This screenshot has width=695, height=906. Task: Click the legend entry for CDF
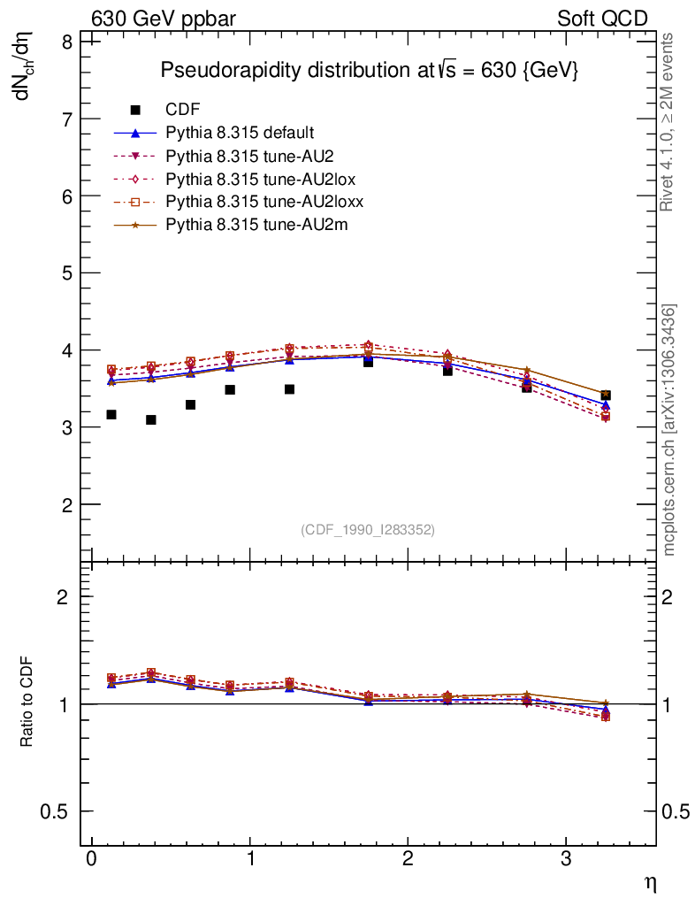(182, 110)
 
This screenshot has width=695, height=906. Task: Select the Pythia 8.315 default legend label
(240, 133)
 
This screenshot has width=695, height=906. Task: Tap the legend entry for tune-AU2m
(256, 225)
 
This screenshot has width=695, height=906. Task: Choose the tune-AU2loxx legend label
(264, 202)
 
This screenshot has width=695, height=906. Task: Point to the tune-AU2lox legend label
(260, 179)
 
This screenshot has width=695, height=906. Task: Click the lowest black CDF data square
(151, 419)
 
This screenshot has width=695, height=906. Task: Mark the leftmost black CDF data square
(111, 414)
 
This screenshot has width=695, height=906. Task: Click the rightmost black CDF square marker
(606, 395)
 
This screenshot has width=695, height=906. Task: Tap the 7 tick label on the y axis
(65, 119)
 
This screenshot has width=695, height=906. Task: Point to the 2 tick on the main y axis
(65, 504)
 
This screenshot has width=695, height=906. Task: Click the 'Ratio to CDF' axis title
(27, 703)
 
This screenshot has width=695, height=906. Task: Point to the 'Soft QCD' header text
(602, 19)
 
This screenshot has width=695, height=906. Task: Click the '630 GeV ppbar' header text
(164, 19)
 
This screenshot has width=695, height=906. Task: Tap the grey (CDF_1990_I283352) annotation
(368, 530)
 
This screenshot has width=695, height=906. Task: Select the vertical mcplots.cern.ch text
(670, 430)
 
